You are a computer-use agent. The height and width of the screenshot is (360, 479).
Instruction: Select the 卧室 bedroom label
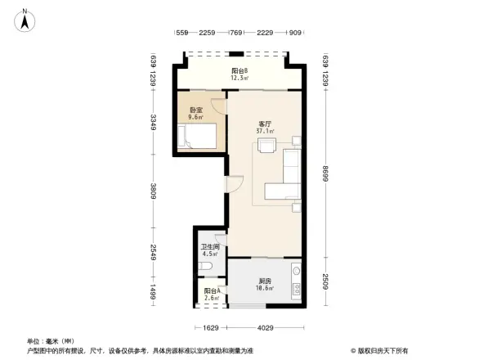click(196, 110)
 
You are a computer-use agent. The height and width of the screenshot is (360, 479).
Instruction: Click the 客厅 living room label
click(265, 123)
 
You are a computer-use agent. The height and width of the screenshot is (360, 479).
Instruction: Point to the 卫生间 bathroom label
click(210, 246)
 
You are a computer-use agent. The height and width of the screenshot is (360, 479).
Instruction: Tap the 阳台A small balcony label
click(211, 290)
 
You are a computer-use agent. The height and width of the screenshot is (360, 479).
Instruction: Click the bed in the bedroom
click(197, 137)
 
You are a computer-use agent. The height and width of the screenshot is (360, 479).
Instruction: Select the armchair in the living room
click(266, 146)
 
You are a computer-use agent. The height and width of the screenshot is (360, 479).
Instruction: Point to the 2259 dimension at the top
click(207, 33)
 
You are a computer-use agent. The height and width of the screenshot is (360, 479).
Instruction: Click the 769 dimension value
click(236, 33)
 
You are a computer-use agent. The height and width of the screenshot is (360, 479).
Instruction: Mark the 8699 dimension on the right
click(325, 175)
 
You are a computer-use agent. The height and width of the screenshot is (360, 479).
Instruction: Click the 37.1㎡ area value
click(265, 131)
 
